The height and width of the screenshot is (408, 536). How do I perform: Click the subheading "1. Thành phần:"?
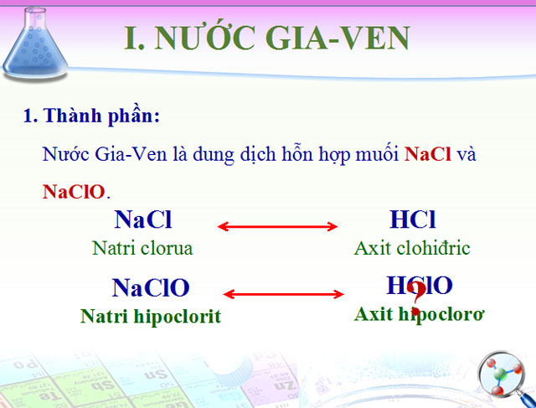point(91,116)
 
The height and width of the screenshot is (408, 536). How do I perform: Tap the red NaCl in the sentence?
point(428,155)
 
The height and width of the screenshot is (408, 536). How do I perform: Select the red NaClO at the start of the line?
point(74,192)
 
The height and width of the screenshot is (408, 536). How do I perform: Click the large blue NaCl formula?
point(143,220)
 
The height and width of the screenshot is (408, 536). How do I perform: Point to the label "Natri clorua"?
point(142,248)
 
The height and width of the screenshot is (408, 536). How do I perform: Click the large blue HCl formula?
point(413,220)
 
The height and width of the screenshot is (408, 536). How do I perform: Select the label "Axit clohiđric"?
point(412,248)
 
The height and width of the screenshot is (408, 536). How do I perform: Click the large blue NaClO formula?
point(151,288)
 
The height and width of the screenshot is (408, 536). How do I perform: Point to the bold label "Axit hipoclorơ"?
point(420,314)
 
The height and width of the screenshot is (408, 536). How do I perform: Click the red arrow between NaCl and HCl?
point(277,226)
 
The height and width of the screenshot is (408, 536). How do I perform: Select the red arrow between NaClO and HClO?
point(285,293)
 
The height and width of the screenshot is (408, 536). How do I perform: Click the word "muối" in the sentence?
point(378,155)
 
